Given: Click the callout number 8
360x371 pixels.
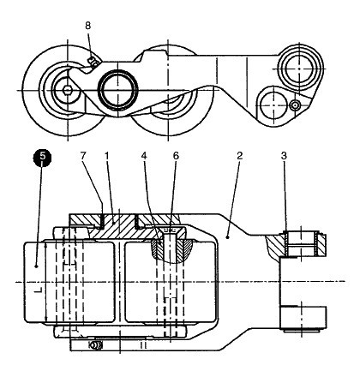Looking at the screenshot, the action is coord(87,26).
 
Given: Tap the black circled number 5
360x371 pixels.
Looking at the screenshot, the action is coord(42,157).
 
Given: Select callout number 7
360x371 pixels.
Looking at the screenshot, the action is coord(83,156).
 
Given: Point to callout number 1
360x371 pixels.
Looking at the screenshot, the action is coord(106,156).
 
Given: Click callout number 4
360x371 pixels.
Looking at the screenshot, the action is coord(144,156).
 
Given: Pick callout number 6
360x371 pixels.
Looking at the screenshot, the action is coord(176,156).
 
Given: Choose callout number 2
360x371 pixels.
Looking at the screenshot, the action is coord(239,156).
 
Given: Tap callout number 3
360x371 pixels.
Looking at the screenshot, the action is coord(284,156).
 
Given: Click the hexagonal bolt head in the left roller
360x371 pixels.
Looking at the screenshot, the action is coord(68,91).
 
